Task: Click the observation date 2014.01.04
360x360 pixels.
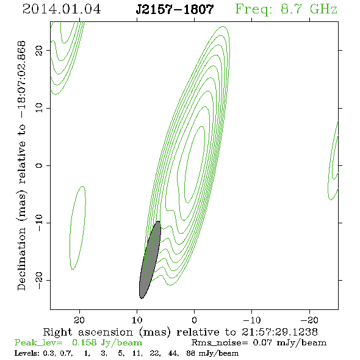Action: pos(62,9)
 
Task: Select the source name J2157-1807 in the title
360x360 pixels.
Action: pos(175,9)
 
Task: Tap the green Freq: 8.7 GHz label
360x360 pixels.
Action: pos(286,9)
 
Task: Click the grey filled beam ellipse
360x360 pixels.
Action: pos(150,260)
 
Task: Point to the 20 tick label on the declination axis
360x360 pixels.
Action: pos(39,50)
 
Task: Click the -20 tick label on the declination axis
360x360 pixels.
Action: pos(39,280)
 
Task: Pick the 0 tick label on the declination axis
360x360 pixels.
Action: pos(39,165)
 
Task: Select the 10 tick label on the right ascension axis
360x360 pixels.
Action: pos(137,320)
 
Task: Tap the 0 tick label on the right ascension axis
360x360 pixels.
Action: pos(194,320)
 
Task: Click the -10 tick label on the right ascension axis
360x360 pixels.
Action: pos(251,320)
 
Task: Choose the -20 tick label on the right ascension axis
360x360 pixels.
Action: pos(309,320)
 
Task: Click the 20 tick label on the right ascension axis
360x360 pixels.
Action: pos(79,320)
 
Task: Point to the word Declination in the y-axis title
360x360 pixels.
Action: pos(21,259)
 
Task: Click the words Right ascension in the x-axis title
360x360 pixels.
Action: pos(88,332)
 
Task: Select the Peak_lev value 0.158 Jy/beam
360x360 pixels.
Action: pos(107,343)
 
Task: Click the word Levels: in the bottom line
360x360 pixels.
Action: pos(27,353)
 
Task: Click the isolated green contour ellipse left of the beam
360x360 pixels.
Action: pos(77,228)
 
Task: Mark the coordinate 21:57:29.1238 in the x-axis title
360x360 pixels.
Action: pos(279,332)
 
